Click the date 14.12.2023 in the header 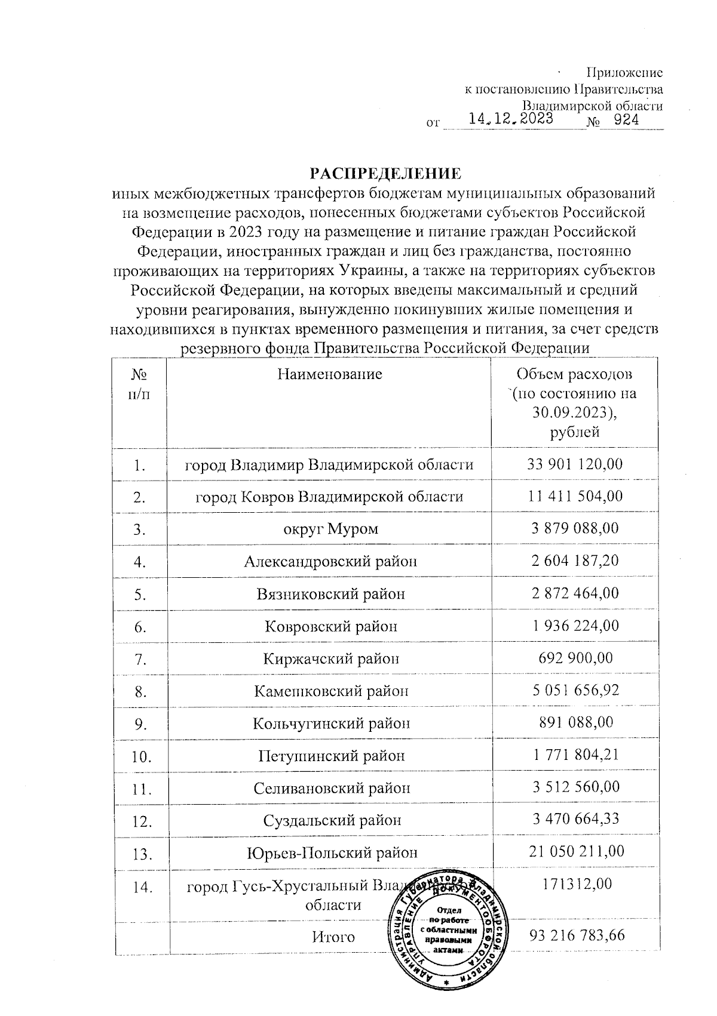point(510,119)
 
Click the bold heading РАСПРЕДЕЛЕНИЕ point(385,174)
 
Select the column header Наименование point(329,374)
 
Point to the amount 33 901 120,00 point(574,464)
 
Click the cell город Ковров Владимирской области point(329,497)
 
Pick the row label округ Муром point(330,529)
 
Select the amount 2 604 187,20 point(574,561)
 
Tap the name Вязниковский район point(330,594)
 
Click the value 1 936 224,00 point(574,626)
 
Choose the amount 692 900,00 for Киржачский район point(574,658)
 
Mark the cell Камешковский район point(331,691)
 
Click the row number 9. point(140,724)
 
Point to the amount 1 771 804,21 point(574,755)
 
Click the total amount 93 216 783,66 point(577,935)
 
